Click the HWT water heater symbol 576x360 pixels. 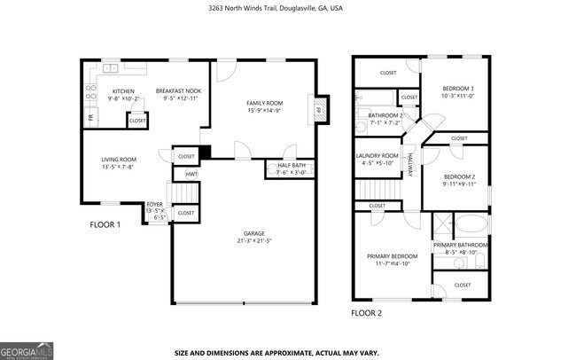(191, 175)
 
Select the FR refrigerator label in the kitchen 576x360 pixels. (90, 117)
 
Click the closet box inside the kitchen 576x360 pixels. (137, 120)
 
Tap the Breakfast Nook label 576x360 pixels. (178, 90)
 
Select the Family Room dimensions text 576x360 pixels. (264, 111)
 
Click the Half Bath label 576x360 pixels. (291, 165)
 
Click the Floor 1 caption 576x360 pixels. (105, 224)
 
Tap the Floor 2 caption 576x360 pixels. (367, 313)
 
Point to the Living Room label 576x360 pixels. (118, 160)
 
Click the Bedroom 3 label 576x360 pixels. (459, 88)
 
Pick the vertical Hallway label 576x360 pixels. (411, 163)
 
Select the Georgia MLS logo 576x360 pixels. (27, 351)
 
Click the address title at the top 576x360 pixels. (289, 8)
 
